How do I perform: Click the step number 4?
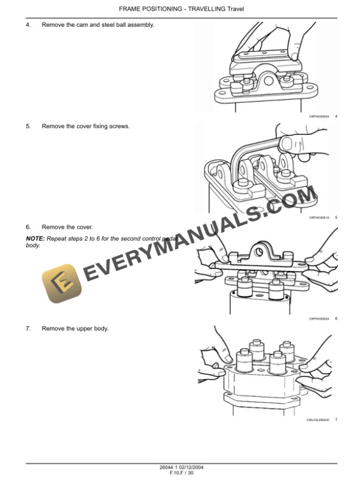pyautogui.click(x=28, y=24)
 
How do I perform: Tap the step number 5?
pyautogui.click(x=28, y=126)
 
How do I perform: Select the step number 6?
pyautogui.click(x=28, y=227)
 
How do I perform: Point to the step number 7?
pyautogui.click(x=28, y=329)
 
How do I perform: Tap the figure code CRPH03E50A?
pyautogui.click(x=319, y=116)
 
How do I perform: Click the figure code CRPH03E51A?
pyautogui.click(x=319, y=218)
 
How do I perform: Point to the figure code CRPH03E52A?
pyautogui.click(x=319, y=319)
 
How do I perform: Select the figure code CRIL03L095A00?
pyautogui.click(x=317, y=420)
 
